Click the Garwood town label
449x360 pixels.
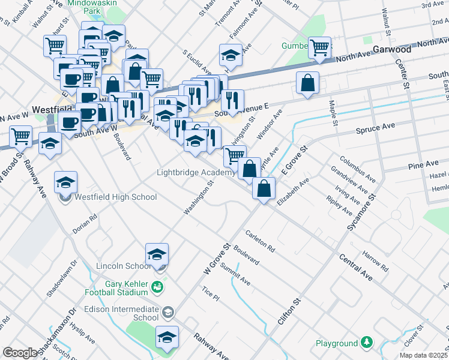point(391,49)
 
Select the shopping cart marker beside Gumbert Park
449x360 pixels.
point(320,47)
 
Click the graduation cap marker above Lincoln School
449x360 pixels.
point(157,254)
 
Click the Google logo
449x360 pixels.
point(20,353)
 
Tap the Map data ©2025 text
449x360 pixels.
point(423,355)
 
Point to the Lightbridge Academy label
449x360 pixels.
point(195,173)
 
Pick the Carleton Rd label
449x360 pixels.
point(260,240)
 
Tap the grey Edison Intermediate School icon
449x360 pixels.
point(168,311)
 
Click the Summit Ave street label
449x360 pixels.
point(235,276)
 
